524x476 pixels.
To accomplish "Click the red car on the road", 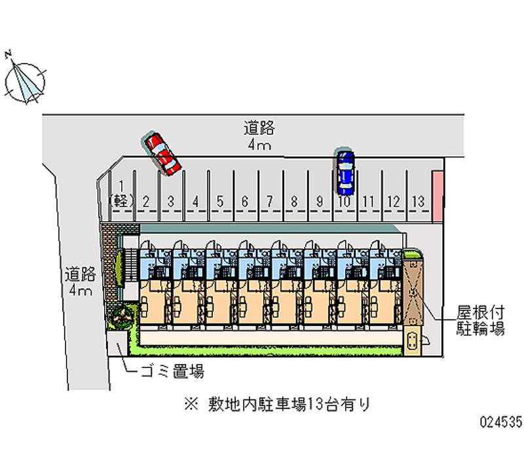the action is click(x=162, y=153).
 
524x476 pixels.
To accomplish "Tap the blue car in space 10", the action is click(x=345, y=172).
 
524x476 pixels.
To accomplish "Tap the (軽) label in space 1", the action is click(x=121, y=201).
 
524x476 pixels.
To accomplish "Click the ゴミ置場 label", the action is click(x=172, y=372).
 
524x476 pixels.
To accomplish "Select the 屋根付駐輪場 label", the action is click(x=480, y=321).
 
